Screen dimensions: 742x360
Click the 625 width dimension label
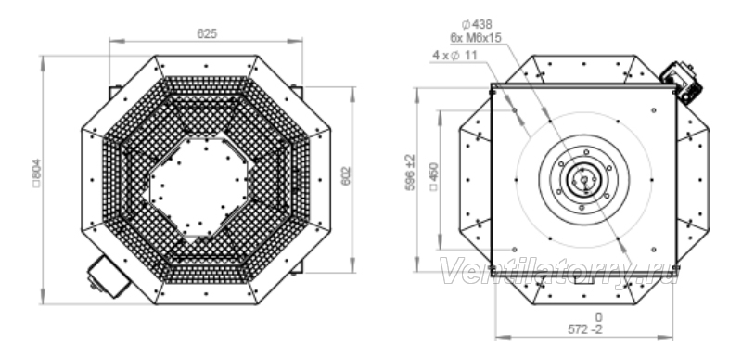[207, 34]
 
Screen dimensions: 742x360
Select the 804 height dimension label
[37, 173]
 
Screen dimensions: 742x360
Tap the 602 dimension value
[346, 175]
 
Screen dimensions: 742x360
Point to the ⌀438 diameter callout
[477, 24]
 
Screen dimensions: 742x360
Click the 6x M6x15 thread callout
[476, 38]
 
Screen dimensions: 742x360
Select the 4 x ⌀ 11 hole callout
[454, 56]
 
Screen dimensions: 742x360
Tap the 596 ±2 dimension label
[410, 173]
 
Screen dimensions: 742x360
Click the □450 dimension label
[434, 176]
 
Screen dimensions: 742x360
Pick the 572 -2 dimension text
[585, 329]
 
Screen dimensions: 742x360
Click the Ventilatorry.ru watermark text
[559, 272]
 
